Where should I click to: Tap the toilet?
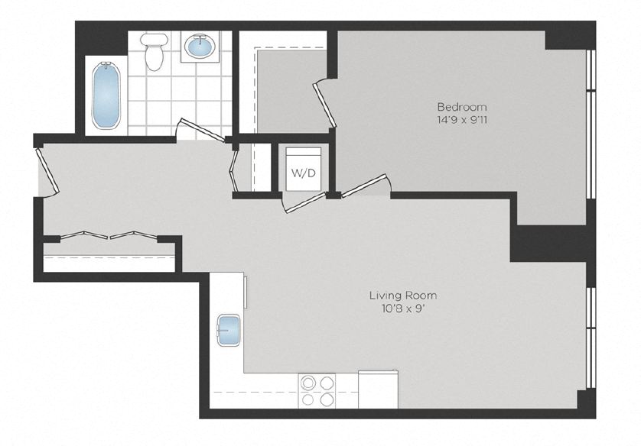155,52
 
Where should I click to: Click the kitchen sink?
229,330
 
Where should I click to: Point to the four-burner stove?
317,390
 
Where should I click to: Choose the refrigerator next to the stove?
378,389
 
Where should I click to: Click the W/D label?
303,173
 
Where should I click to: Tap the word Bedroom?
461,107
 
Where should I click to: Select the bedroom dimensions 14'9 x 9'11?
461,120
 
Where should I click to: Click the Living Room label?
403,296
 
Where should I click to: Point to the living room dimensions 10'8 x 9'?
403,309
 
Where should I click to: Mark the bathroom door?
200,131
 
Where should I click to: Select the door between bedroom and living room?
365,186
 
